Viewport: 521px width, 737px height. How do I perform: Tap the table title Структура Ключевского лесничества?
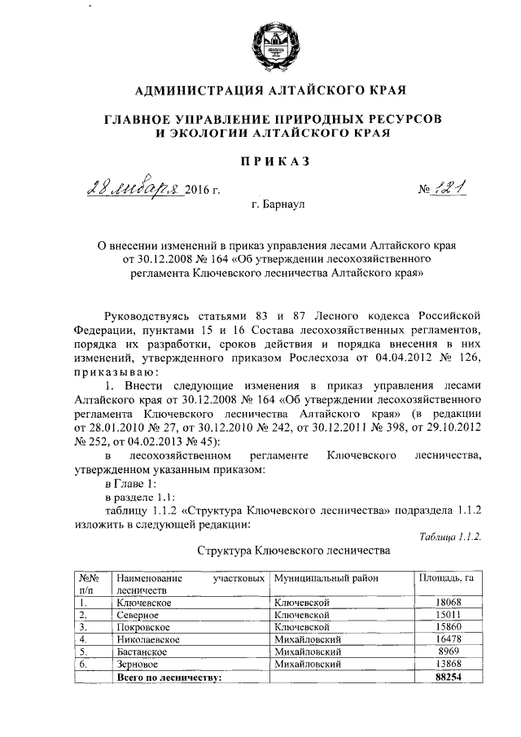tap(294, 551)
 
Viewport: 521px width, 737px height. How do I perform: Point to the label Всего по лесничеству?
tap(169, 678)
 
